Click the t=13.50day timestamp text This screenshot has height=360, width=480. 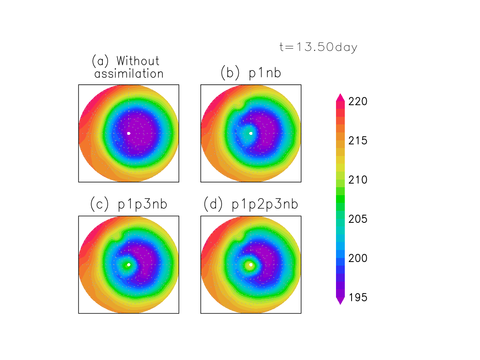pos(318,47)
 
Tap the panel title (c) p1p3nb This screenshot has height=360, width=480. pos(128,204)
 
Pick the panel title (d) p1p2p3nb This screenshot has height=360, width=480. pos(250,204)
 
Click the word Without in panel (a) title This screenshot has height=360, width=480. pos(138,61)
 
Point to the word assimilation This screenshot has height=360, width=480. pos(129,74)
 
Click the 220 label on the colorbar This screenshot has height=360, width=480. pos(358,102)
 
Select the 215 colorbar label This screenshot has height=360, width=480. pos(358,141)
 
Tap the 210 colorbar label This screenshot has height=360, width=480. pos(358,180)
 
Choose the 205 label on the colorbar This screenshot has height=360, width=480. pos(358,219)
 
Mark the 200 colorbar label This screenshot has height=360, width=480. pos(358,258)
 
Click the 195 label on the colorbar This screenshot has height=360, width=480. pos(358,298)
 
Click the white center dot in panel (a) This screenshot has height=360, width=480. pos(128,133)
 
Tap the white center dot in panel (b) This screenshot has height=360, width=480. pos(251,133)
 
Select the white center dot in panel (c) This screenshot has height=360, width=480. pos(128,264)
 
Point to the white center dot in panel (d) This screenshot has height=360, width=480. pos(251,264)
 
